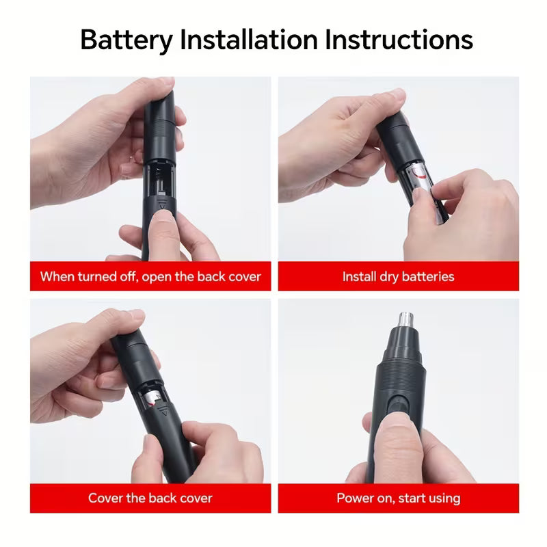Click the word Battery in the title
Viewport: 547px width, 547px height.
click(126, 40)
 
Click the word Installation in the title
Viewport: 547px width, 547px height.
click(249, 40)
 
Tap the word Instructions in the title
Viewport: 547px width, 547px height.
click(399, 40)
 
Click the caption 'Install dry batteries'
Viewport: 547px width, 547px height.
click(399, 277)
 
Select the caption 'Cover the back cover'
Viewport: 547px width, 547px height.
click(150, 498)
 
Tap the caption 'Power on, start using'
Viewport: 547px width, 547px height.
click(399, 498)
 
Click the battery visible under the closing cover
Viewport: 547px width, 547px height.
click(153, 398)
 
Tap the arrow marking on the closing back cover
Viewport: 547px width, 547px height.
click(164, 413)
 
